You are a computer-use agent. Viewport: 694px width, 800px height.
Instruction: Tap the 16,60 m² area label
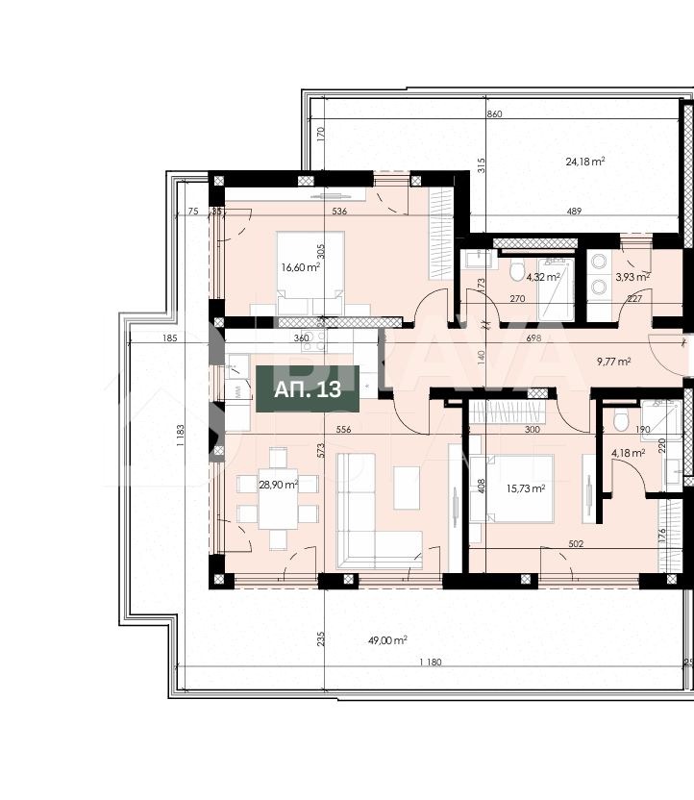pos(299,267)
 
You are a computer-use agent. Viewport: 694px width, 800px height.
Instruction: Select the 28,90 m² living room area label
pos(278,487)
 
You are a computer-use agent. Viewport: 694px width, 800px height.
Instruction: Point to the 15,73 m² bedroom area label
pos(526,488)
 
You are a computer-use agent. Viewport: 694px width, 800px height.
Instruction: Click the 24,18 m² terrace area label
pos(584,162)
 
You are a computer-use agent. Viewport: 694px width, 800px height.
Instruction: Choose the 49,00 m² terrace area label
pos(387,639)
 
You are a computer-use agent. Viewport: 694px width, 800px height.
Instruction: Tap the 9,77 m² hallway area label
pos(613,362)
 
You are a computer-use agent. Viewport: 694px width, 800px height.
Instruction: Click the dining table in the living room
pos(278,500)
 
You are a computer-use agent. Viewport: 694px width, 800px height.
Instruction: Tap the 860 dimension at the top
pos(494,113)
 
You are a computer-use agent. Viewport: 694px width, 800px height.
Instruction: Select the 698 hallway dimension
pos(533,338)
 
